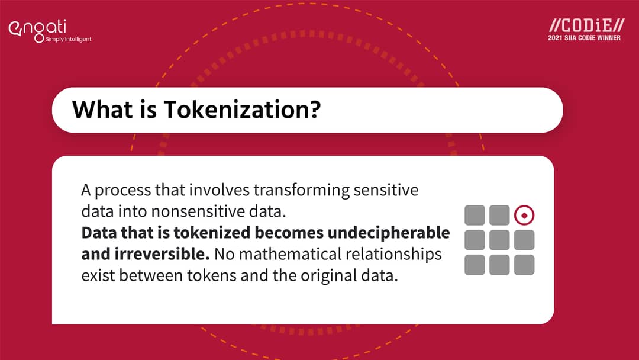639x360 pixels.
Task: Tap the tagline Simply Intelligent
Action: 69,40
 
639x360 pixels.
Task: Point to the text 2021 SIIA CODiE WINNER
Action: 585,38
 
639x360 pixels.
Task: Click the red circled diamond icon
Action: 524,216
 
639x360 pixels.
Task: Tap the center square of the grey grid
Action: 499,240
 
